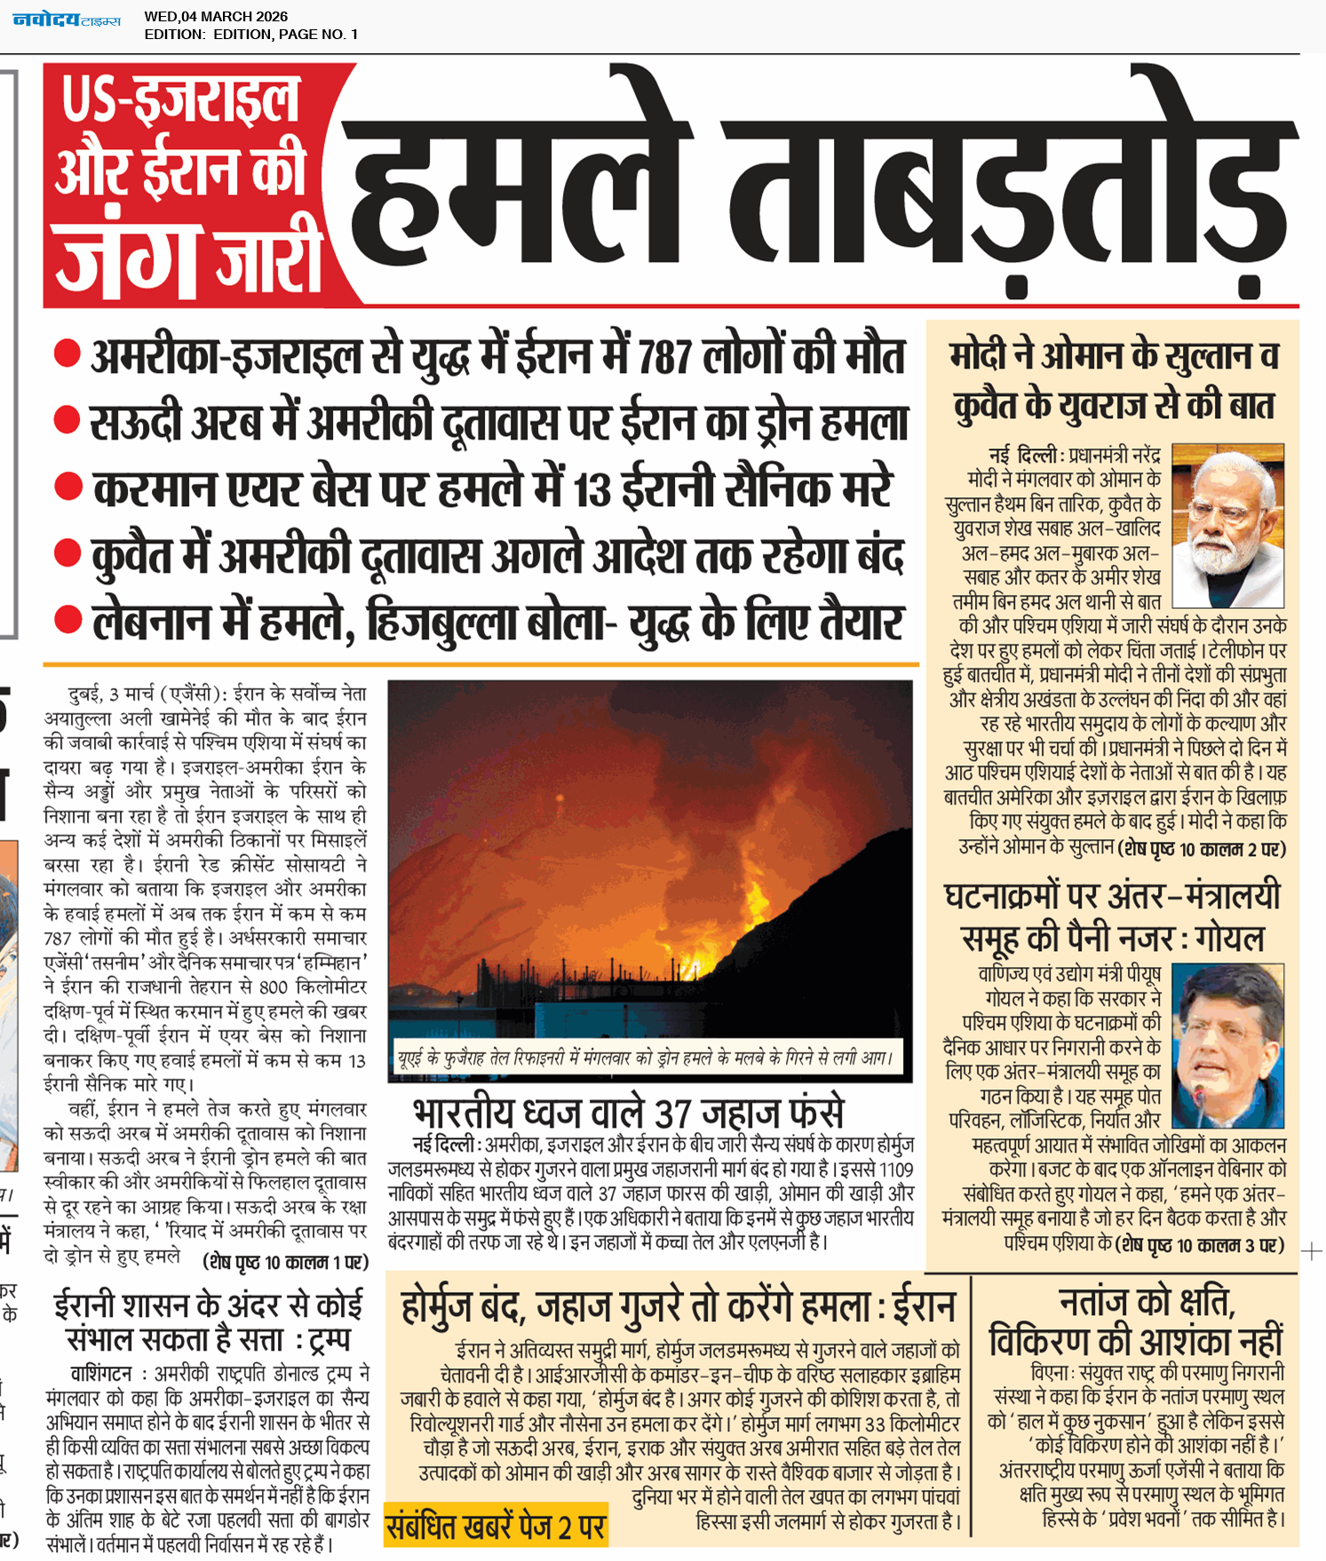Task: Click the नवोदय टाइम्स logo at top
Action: pos(67,20)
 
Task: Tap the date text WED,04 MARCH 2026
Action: pos(216,16)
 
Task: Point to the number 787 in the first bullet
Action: pos(665,357)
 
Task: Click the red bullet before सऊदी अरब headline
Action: pos(67,420)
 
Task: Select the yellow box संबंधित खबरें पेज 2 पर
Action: pos(496,1526)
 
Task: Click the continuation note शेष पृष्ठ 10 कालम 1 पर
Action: pos(285,1262)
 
